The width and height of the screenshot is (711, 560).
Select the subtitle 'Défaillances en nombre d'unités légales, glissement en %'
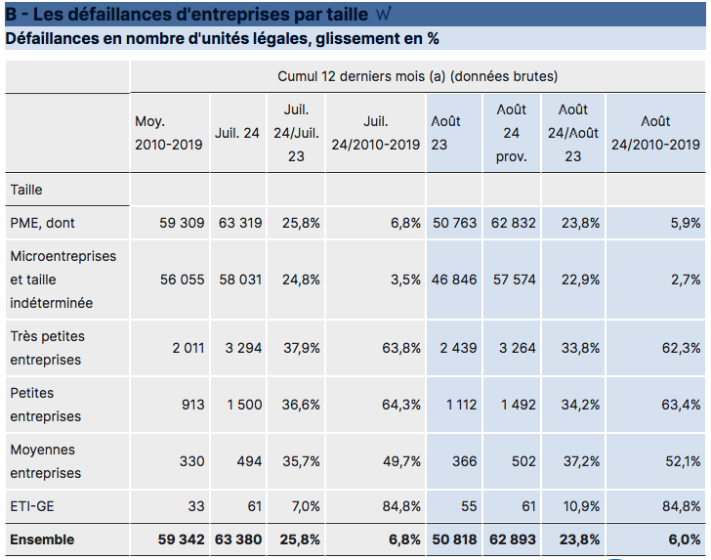click(x=223, y=39)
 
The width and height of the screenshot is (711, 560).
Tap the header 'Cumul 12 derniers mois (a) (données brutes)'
click(x=417, y=76)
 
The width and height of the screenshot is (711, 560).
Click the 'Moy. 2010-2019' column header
click(x=168, y=133)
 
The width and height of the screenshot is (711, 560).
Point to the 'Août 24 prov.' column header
click(x=512, y=133)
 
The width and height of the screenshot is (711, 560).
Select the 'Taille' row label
click(x=26, y=190)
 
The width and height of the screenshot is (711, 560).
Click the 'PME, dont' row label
click(x=42, y=223)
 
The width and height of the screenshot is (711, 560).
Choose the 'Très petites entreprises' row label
click(x=47, y=348)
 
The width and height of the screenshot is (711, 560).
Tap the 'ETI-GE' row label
click(x=31, y=506)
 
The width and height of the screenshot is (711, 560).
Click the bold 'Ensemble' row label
click(x=42, y=539)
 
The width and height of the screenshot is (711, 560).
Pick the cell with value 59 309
click(x=182, y=223)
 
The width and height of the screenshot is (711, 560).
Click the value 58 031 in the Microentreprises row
click(x=239, y=280)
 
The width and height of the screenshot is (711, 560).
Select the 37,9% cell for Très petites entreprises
click(x=301, y=348)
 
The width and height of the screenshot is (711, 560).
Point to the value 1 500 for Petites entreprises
click(x=243, y=405)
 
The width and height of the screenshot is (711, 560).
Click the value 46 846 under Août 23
click(x=454, y=280)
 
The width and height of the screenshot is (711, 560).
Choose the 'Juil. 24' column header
click(x=237, y=133)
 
